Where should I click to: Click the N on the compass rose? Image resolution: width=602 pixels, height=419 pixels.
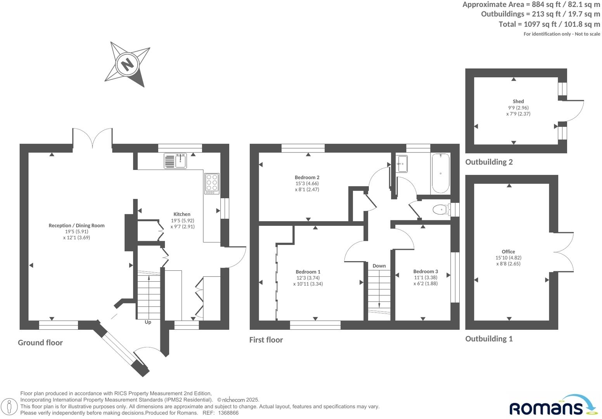127,64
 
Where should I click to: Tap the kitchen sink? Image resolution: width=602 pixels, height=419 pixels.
175,161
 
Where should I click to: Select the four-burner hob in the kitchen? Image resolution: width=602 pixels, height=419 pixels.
212,184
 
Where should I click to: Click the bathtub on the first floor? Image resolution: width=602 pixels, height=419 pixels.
440,173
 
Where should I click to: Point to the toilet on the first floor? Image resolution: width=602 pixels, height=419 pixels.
440,210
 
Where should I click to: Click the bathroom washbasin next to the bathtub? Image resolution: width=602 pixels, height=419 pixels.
402,163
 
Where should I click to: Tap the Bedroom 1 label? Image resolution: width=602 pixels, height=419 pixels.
308,272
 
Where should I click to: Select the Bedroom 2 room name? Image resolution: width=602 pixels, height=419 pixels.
307,177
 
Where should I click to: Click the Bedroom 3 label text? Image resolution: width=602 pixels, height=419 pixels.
426,271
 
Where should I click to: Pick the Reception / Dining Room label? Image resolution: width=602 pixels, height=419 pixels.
76,225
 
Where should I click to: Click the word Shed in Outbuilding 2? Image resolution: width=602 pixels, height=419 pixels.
518,101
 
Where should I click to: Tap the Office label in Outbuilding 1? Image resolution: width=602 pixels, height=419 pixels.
508,251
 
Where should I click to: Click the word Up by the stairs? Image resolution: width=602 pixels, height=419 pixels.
148,322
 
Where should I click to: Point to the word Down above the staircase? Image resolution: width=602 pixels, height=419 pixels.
379,266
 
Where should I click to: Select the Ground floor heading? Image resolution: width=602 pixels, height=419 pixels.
40,342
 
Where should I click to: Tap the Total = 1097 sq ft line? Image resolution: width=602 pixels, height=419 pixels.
549,24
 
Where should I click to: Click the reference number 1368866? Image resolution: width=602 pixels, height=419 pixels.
228,413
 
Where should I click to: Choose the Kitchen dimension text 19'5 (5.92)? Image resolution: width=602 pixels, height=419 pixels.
182,220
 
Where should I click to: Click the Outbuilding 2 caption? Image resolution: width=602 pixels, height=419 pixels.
489,162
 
